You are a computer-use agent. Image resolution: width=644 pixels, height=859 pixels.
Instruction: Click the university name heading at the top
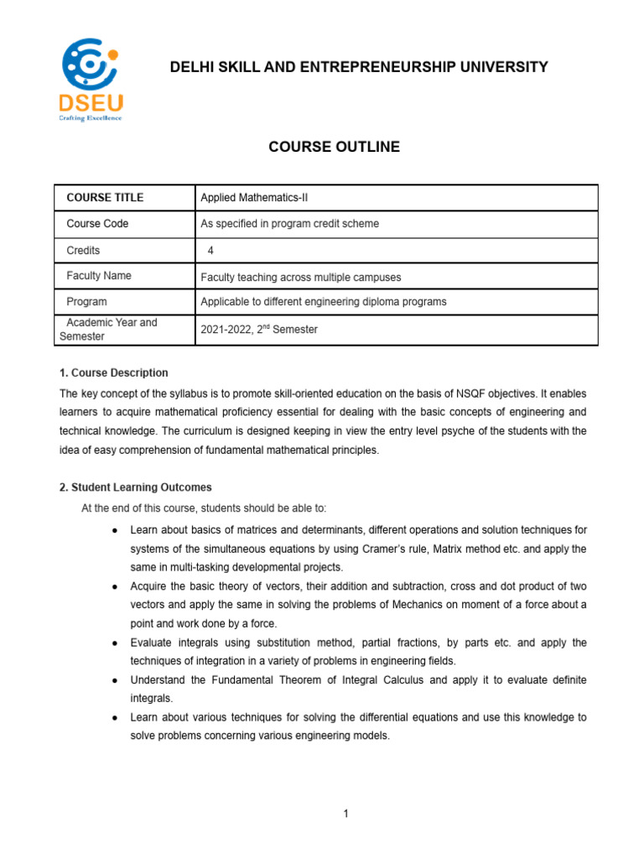pyautogui.click(x=359, y=67)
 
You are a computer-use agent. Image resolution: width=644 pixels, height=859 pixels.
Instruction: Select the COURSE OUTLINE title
pyautogui.click(x=334, y=148)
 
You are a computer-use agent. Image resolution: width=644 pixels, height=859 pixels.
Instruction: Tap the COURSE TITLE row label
pyautogui.click(x=105, y=198)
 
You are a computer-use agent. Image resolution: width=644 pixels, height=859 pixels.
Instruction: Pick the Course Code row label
pyautogui.click(x=97, y=224)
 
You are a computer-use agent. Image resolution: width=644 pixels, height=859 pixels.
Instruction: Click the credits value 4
pyautogui.click(x=210, y=251)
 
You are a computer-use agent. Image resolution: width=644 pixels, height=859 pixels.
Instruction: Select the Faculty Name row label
pyautogui.click(x=99, y=275)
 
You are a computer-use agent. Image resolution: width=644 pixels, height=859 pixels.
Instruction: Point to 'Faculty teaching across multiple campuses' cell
pyautogui.click(x=300, y=277)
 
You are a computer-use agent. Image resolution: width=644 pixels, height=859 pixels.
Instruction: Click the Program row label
pyautogui.click(x=86, y=301)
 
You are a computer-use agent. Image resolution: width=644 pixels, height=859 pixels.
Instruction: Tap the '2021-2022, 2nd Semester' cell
pyautogui.click(x=259, y=330)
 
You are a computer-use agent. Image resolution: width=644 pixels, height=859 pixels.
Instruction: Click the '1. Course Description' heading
pyautogui.click(x=113, y=372)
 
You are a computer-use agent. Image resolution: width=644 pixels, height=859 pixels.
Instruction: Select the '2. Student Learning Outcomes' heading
pyautogui.click(x=135, y=487)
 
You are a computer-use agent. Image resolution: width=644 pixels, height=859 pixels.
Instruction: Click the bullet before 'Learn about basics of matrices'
pyautogui.click(x=113, y=530)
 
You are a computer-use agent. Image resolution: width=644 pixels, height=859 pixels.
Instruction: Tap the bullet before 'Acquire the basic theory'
pyautogui.click(x=113, y=586)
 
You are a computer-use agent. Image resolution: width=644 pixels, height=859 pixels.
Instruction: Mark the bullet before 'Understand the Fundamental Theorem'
pyautogui.click(x=113, y=680)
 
